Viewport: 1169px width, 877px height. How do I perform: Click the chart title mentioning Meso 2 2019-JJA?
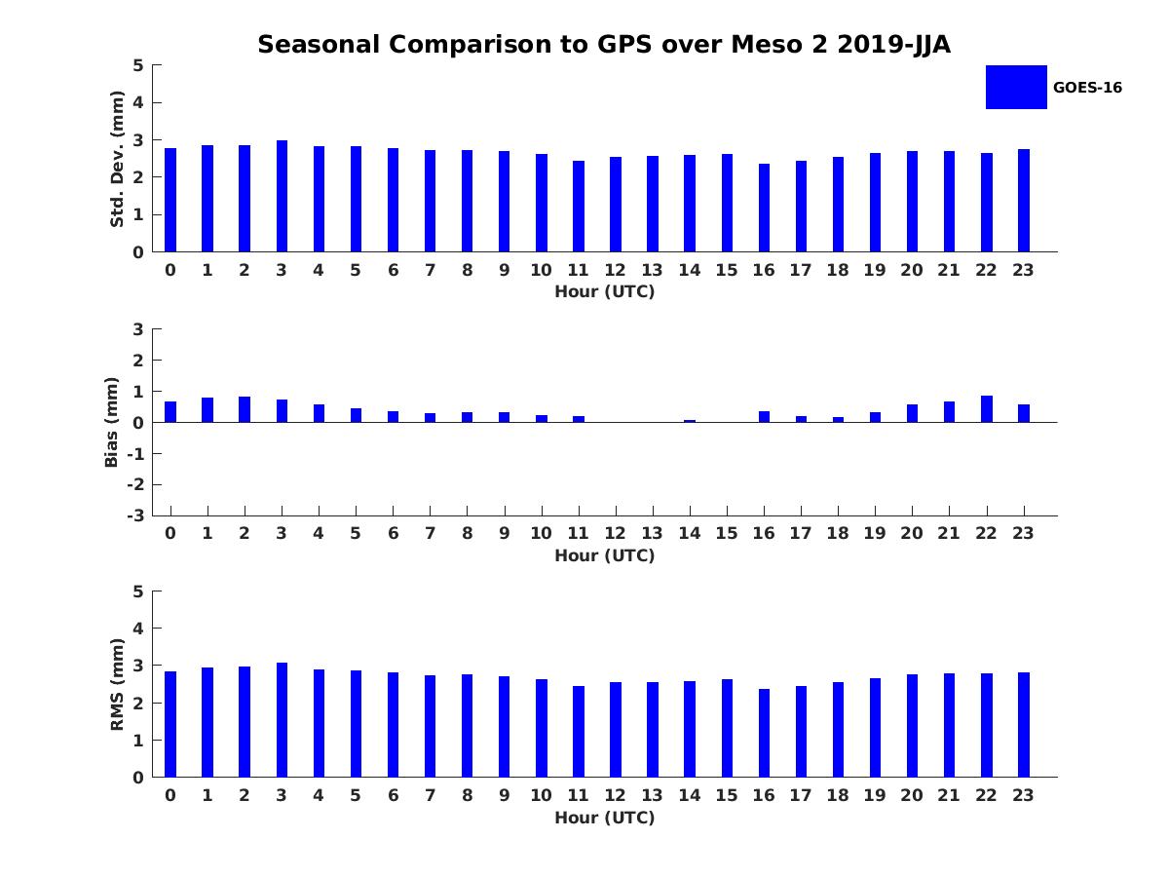coord(604,45)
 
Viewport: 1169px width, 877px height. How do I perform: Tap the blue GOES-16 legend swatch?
coord(1015,87)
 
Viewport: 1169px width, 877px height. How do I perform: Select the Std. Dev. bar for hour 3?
coord(282,196)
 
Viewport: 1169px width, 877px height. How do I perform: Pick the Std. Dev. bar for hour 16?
coord(764,208)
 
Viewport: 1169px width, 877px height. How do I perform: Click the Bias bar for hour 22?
coord(987,409)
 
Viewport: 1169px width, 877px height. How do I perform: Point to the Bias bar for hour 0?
coord(170,412)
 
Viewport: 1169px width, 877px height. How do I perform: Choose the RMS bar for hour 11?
coord(579,732)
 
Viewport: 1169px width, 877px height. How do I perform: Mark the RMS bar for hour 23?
coord(1024,725)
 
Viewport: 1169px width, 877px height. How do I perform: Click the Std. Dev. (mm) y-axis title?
coord(117,159)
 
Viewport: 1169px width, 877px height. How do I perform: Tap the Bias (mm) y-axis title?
coord(112,422)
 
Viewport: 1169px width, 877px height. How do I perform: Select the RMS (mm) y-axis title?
coord(118,684)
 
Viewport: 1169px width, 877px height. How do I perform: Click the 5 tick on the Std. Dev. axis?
coord(139,65)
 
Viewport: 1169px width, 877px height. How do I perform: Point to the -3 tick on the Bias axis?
coord(136,515)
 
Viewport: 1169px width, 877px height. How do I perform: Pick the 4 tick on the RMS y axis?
coord(139,629)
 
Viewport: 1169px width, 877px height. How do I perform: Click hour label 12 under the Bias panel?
coord(616,533)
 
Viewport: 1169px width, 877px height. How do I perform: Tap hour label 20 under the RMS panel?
coord(912,795)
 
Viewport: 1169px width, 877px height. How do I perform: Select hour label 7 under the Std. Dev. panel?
coord(430,270)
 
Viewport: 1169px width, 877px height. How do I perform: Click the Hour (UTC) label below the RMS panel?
coord(604,818)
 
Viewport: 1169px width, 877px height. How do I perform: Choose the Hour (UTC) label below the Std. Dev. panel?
coord(604,291)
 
